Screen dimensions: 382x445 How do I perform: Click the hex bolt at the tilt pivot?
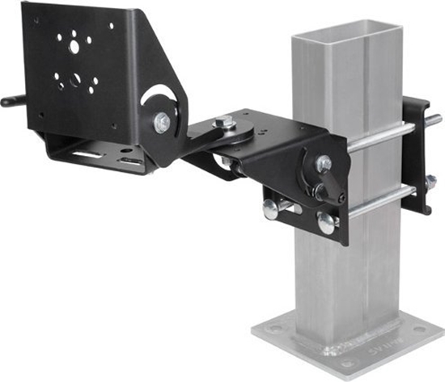162,124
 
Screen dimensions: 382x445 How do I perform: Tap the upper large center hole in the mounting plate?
74,48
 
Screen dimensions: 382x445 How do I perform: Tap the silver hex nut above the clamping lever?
324,164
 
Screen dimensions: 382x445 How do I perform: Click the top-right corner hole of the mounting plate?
111,25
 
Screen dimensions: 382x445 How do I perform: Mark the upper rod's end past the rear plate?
435,120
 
